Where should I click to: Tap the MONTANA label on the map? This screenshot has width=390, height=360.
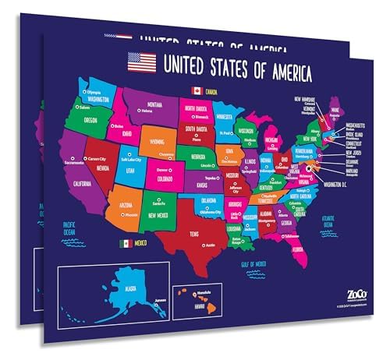click(x=155, y=104)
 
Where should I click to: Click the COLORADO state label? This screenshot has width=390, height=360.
click(x=165, y=175)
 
